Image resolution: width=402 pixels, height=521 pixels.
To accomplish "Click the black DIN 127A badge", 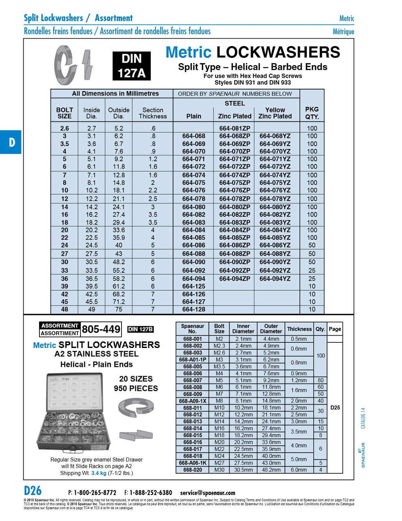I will [x=131, y=66].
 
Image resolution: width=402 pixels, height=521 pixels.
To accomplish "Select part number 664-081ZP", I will [x=235, y=128].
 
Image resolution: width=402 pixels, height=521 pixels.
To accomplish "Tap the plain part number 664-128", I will [x=193, y=309].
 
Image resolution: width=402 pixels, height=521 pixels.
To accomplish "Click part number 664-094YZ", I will [x=275, y=279].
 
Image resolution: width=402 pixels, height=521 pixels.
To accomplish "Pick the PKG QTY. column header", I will [x=312, y=113].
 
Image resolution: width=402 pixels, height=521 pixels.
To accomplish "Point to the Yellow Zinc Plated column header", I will [x=275, y=113].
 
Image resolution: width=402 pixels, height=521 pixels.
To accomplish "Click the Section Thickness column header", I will [x=152, y=113].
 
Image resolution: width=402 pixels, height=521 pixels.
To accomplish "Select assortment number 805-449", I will [x=101, y=329].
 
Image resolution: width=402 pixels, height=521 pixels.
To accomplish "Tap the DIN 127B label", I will [x=140, y=329].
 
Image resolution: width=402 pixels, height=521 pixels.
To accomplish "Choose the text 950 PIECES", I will [x=136, y=388].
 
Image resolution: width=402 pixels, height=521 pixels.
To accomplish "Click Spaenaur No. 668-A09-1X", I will [x=192, y=401].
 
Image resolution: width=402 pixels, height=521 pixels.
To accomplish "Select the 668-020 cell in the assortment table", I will [x=192, y=470].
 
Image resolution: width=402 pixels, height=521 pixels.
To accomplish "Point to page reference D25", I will [x=335, y=407].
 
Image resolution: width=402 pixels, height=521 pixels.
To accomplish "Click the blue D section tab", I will [x=11, y=142].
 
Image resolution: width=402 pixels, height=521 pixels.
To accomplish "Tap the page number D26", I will [x=33, y=490].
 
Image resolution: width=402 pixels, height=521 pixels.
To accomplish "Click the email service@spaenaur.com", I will [x=208, y=493].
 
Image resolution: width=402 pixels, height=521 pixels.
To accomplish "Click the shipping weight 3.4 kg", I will [x=99, y=473].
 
